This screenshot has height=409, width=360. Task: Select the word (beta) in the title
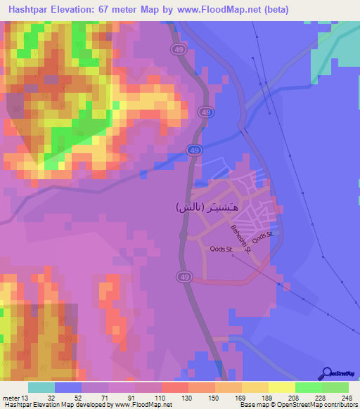tap(275, 10)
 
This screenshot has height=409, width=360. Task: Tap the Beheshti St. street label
tap(239, 238)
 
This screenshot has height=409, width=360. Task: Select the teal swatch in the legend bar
tap(41, 387)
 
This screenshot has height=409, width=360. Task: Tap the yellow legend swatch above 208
tap(282, 387)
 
